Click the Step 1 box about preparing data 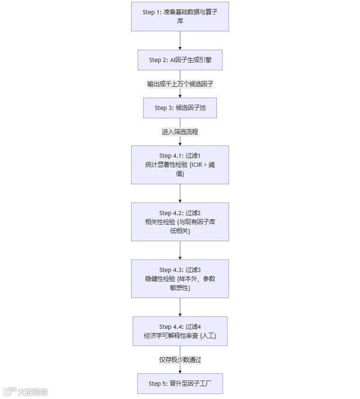tap(180, 17)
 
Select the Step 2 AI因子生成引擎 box tap(180, 60)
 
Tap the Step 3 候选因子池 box tap(180, 108)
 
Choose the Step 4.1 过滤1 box tap(180, 164)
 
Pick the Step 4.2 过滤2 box tap(180, 221)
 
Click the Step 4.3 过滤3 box tap(180, 278)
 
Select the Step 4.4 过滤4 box tap(180, 331)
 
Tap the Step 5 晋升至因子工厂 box tap(180, 383)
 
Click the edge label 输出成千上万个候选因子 tap(180, 84)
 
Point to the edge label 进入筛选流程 tap(180, 132)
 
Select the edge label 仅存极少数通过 tap(180, 360)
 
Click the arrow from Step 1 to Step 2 tap(180, 40)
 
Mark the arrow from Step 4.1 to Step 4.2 tap(180, 193)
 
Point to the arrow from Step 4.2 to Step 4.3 tap(180, 250)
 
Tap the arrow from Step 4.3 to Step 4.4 tap(180, 307)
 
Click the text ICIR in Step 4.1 tap(197, 165)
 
